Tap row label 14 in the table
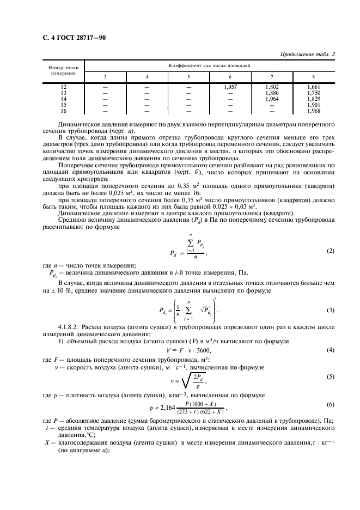pos(63,99)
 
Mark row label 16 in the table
pos(63,110)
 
